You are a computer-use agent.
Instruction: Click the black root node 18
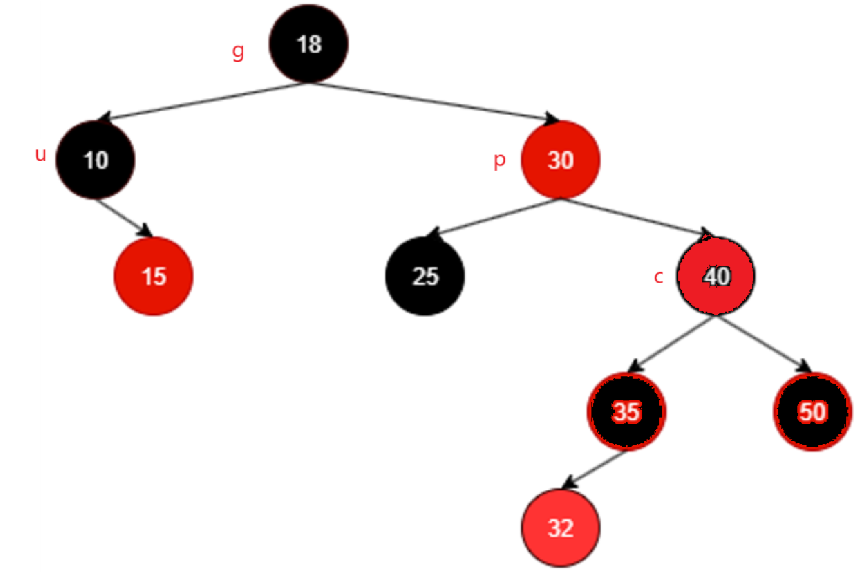pyautogui.click(x=309, y=44)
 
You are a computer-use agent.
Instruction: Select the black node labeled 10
pyautogui.click(x=96, y=160)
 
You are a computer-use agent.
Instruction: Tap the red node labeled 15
pyautogui.click(x=153, y=276)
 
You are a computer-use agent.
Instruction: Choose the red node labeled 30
pyautogui.click(x=560, y=160)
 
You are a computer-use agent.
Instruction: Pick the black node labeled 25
pyautogui.click(x=425, y=276)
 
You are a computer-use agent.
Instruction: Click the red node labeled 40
pyautogui.click(x=716, y=276)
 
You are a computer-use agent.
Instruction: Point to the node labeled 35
pyautogui.click(x=626, y=411)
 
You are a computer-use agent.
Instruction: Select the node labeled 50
pyautogui.click(x=812, y=411)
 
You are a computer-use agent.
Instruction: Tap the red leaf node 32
pyautogui.click(x=560, y=528)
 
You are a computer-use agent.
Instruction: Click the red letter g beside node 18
pyautogui.click(x=238, y=52)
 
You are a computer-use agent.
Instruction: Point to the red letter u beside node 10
pyautogui.click(x=40, y=154)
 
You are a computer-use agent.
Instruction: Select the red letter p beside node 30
pyautogui.click(x=500, y=160)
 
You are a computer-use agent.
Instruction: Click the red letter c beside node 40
pyautogui.click(x=659, y=277)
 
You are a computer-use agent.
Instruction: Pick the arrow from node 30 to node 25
pyautogui.click(x=493, y=217)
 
